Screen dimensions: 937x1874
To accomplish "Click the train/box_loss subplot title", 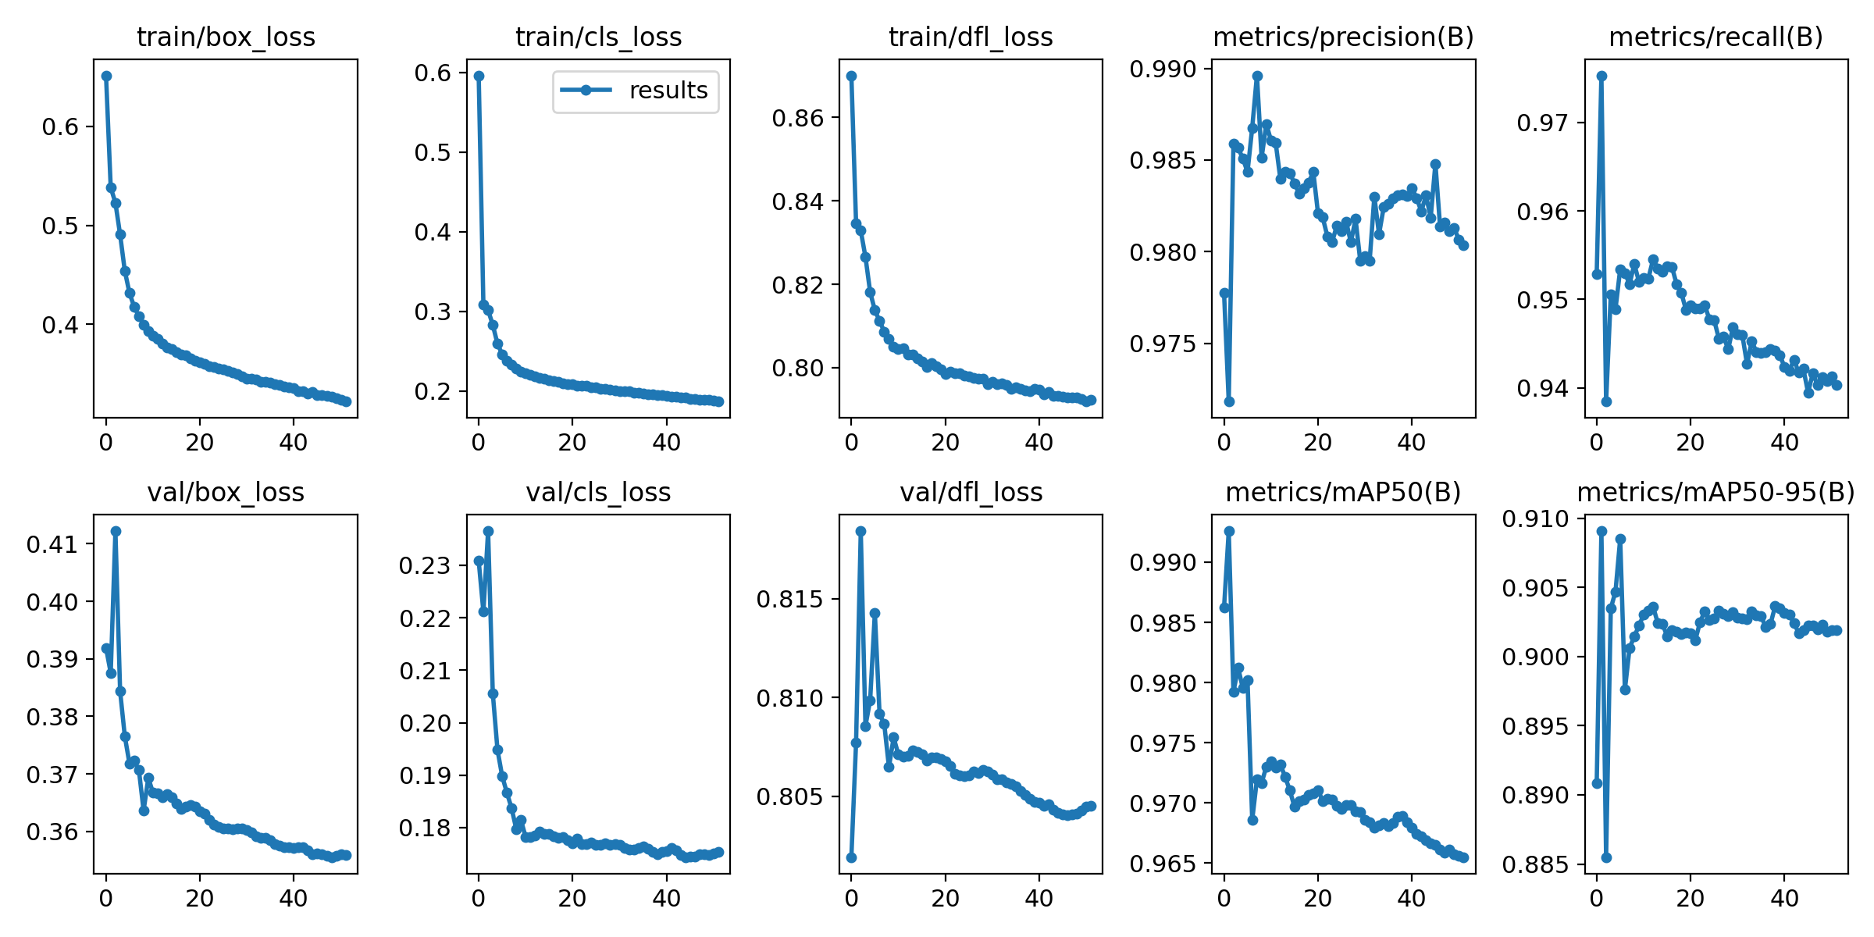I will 226,37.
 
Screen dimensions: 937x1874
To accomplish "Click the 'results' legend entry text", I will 668,91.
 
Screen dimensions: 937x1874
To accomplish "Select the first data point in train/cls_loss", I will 479,76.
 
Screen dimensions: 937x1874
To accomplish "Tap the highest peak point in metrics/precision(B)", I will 1257,76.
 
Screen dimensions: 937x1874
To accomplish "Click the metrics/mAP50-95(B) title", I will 1715,492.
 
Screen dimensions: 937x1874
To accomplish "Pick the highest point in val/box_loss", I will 116,531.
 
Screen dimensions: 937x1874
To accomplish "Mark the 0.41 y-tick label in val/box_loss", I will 52,544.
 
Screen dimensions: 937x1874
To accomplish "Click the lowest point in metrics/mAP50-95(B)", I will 1606,857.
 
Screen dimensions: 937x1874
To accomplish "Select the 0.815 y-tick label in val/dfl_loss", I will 789,599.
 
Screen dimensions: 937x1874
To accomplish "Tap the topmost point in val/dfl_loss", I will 860,531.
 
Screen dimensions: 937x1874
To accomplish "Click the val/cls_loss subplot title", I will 598,492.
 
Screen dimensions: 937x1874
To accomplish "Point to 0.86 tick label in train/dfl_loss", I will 798,118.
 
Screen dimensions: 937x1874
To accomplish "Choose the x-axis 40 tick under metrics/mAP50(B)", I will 1411,898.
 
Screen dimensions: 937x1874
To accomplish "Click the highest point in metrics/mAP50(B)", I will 1229,531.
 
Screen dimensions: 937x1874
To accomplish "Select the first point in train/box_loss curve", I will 106,76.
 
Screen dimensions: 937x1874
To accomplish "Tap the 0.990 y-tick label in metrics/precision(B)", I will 1163,69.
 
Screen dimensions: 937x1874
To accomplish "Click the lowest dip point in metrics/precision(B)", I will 1229,401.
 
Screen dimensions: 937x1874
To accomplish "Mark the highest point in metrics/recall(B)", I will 1601,76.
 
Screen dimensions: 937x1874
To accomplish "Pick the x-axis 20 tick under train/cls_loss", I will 572,443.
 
